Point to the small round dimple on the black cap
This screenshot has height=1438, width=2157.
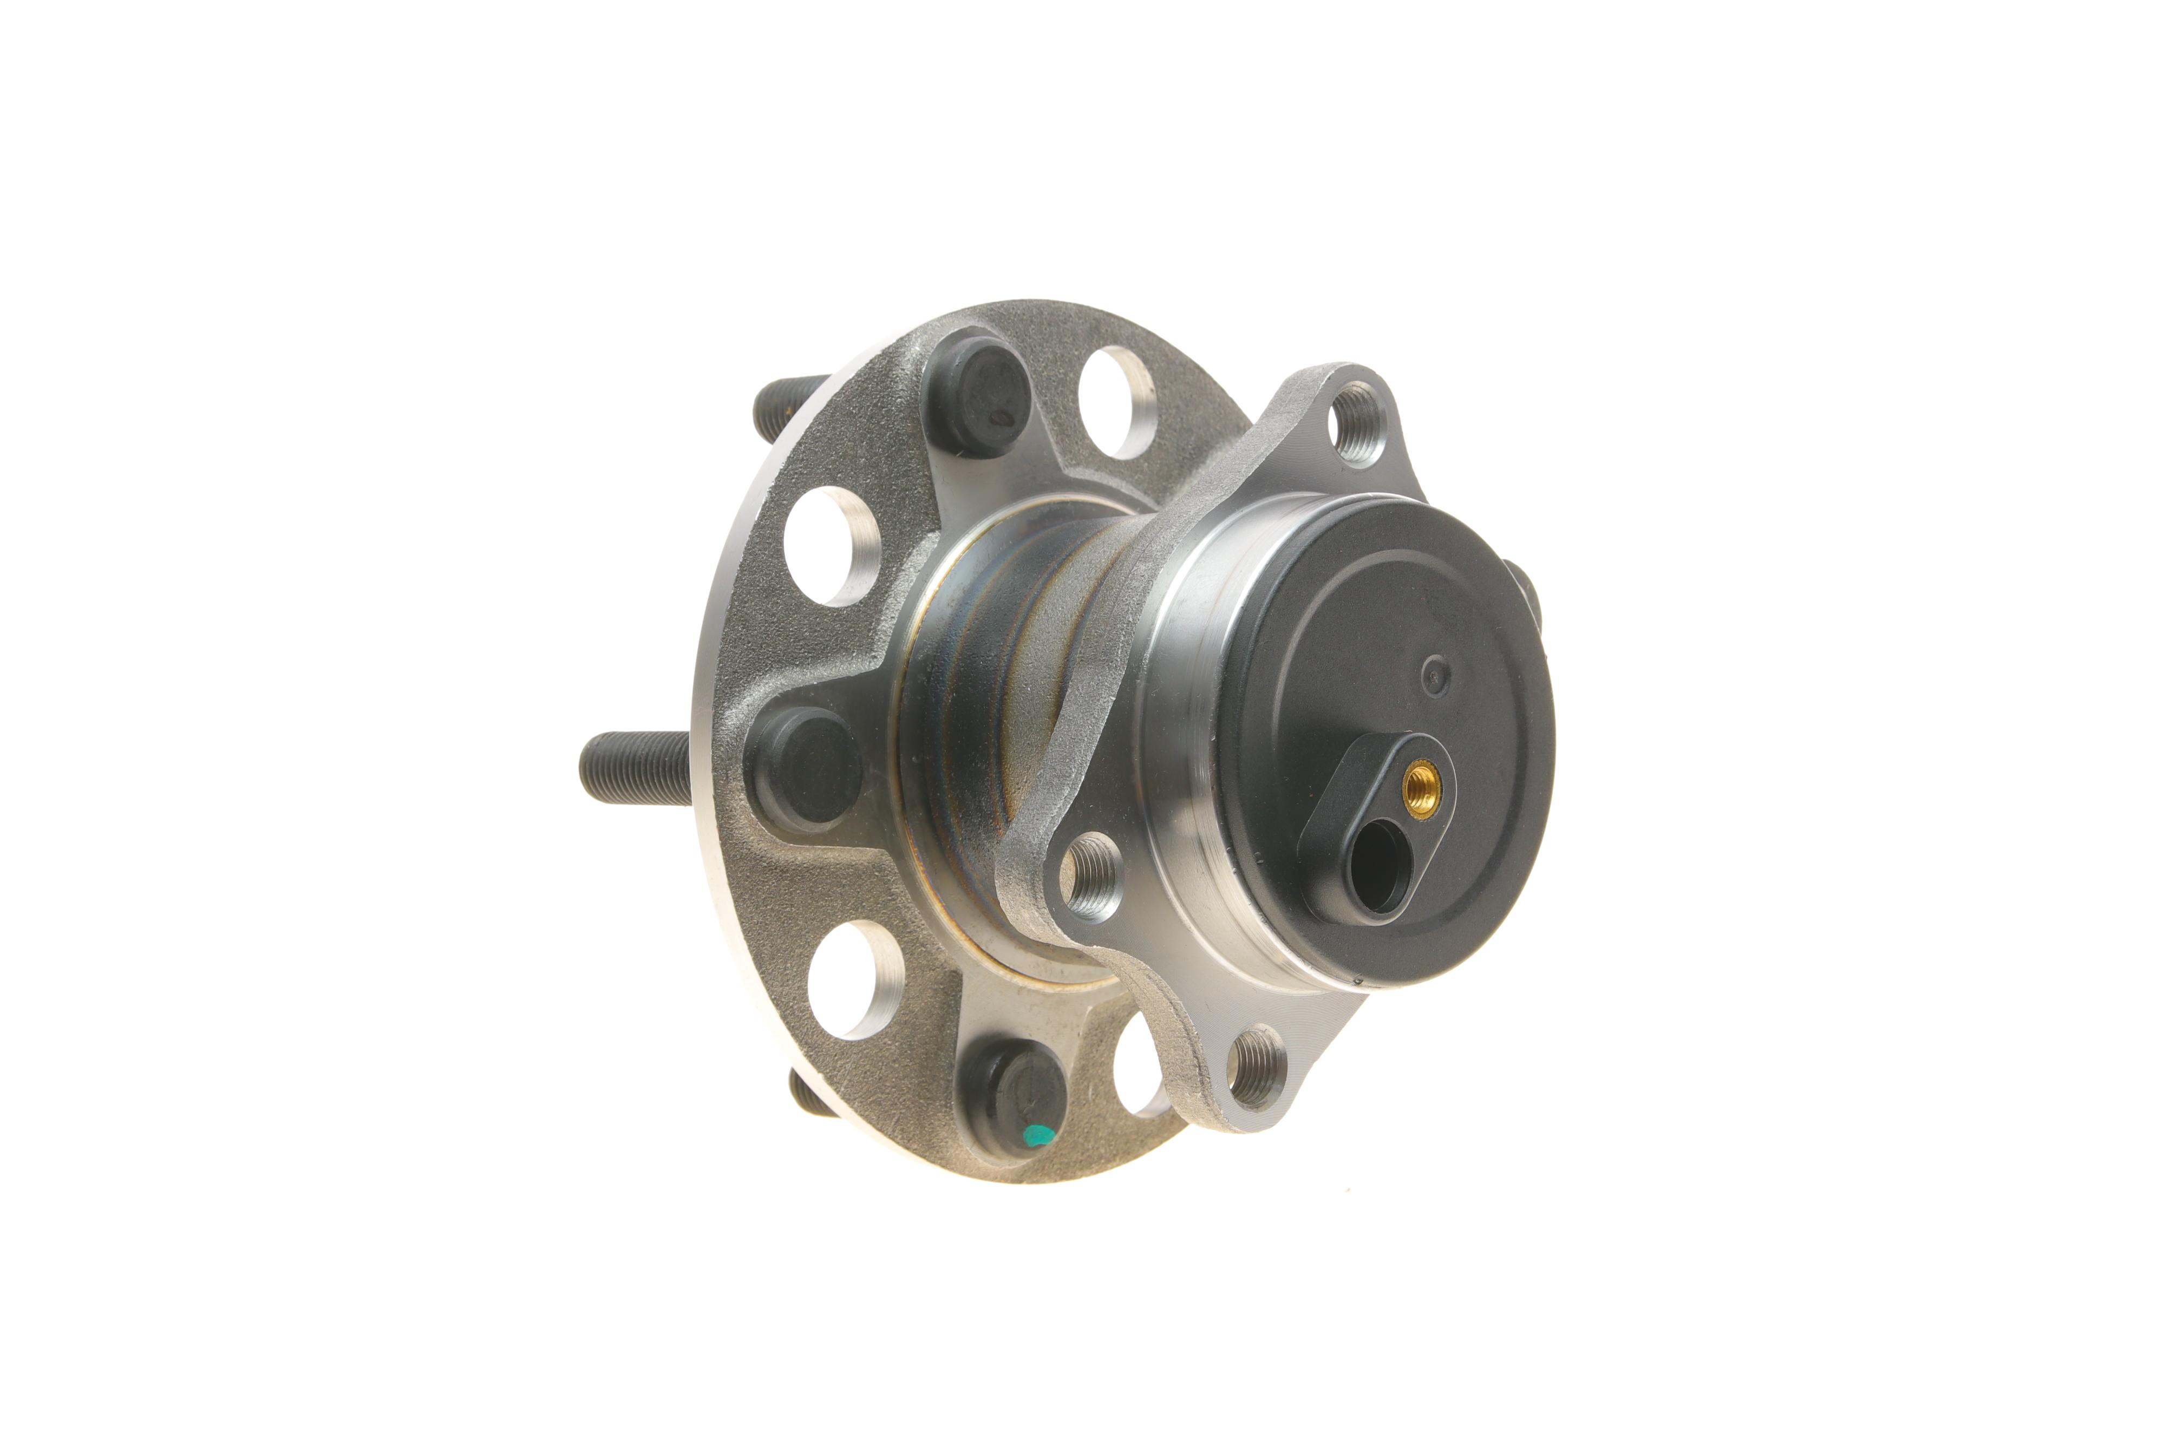point(1434,676)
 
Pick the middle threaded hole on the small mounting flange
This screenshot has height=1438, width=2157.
point(1092,874)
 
